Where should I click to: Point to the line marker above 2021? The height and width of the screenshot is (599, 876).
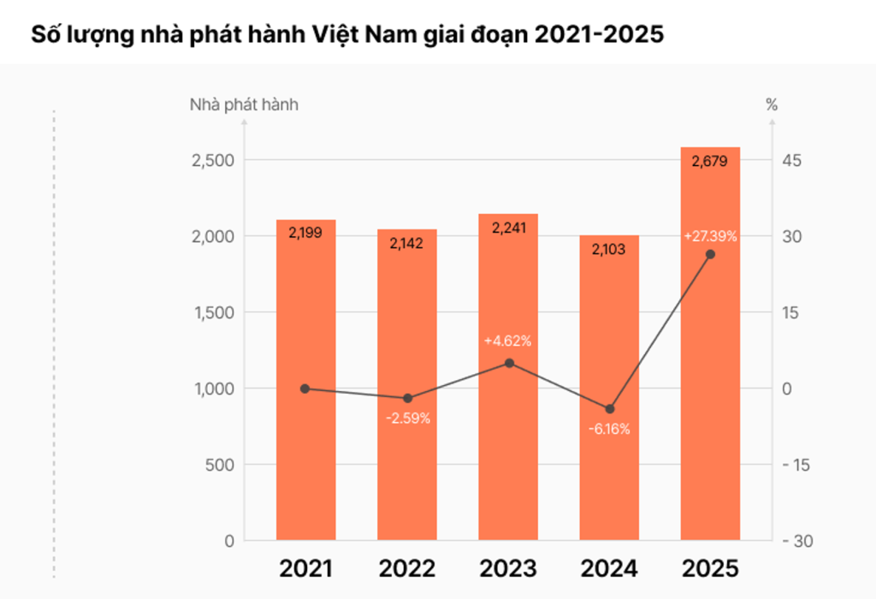pos(305,388)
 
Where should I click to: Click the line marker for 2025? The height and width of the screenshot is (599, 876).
pos(710,254)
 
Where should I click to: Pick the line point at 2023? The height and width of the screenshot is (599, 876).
pos(509,363)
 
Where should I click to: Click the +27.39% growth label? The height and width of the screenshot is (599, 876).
pos(710,236)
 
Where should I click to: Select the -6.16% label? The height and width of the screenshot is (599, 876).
pos(609,429)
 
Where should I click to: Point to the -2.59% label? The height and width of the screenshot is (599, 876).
pos(407,418)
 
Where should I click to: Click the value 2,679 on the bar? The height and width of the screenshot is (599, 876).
pos(709,161)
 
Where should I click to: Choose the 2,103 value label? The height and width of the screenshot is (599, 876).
pos(609,249)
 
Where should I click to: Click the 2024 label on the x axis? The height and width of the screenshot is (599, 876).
pos(609,568)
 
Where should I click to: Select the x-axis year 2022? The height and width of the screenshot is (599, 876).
pos(407,568)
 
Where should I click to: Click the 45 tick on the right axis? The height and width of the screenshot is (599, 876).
pos(787,161)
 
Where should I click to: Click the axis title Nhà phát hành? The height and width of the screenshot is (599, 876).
pos(244,105)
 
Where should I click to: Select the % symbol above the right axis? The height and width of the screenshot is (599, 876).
pos(772,105)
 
